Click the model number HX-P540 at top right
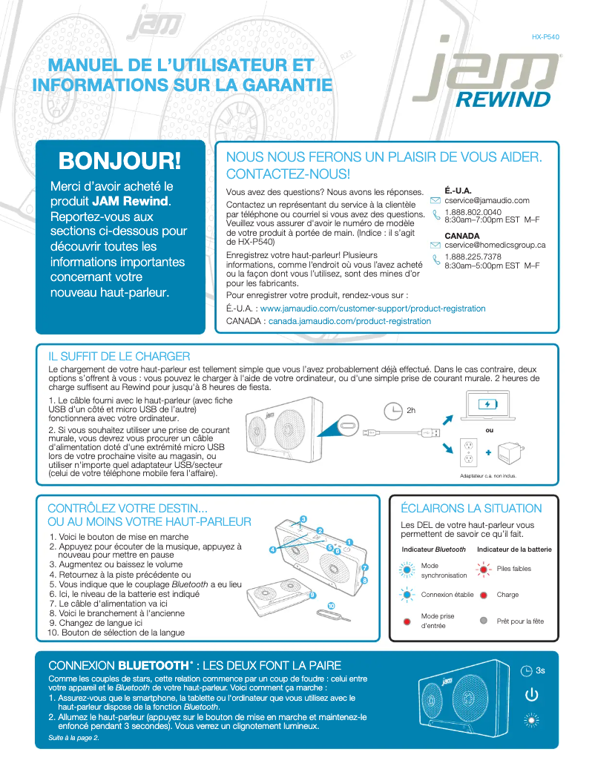(545, 36)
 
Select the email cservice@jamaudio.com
(487, 200)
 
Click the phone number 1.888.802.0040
(473, 212)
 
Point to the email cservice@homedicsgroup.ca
(495, 245)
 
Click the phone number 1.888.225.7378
(473, 257)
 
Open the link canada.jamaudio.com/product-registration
(349, 321)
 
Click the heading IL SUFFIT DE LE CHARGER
(119, 357)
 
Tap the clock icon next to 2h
(392, 410)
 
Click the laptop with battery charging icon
(488, 406)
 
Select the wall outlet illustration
(468, 450)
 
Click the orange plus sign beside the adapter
(488, 452)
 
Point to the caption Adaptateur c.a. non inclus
(487, 476)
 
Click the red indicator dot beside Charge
(484, 595)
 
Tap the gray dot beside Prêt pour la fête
(484, 621)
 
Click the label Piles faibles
(513, 569)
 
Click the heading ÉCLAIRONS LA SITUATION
(471, 509)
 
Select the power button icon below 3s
(530, 695)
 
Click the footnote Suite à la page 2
(73, 738)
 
